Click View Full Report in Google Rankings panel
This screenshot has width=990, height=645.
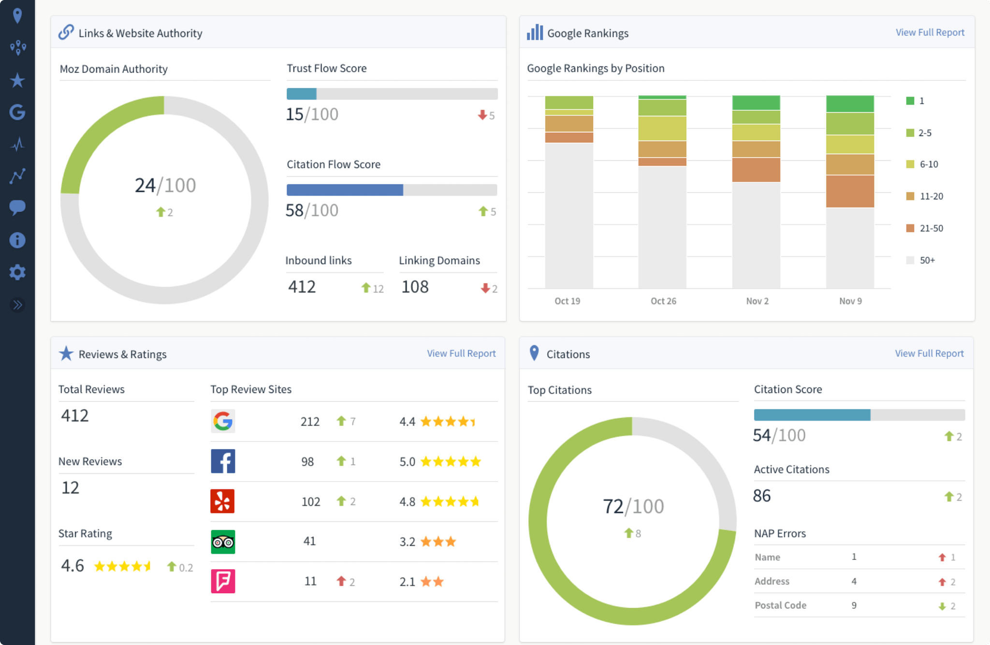pos(930,32)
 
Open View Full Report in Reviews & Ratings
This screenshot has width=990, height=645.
pos(461,353)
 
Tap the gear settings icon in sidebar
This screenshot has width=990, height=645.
pos(17,272)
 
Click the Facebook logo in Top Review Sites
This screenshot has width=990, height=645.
pos(223,461)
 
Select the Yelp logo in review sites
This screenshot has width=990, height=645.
pos(223,501)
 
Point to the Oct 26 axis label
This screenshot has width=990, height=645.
pos(663,301)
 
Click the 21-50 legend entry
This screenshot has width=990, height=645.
pos(925,228)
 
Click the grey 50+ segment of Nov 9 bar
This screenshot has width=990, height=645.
pos(850,248)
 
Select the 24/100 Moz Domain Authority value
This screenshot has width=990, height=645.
pos(165,186)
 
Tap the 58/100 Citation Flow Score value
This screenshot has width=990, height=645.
pos(312,211)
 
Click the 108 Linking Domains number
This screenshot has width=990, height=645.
pos(415,287)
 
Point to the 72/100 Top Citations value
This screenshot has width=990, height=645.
pos(633,507)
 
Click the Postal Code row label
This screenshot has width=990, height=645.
pos(780,605)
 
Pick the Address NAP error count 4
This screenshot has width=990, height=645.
pos(854,581)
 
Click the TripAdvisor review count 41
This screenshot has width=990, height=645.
pos(309,541)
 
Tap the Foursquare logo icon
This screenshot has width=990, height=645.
pos(223,581)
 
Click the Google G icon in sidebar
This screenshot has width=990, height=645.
pos(17,112)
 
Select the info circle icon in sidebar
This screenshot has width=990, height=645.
pos(17,240)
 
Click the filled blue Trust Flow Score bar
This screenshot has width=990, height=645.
pos(302,94)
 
